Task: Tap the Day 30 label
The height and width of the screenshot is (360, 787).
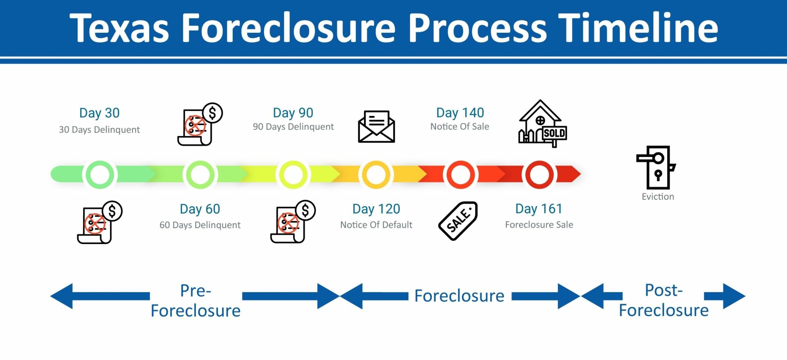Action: (99, 113)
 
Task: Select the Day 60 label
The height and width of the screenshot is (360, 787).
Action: (200, 209)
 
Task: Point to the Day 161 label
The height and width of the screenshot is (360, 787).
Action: (539, 209)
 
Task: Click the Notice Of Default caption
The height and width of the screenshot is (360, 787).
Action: (376, 225)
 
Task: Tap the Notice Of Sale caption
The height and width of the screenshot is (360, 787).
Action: (459, 127)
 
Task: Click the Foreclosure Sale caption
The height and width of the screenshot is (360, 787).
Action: (539, 225)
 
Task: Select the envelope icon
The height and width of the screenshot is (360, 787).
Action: (376, 127)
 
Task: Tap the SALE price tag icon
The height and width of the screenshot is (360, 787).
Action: (458, 221)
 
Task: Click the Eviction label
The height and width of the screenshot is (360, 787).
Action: (658, 197)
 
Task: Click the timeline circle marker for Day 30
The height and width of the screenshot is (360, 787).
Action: (100, 175)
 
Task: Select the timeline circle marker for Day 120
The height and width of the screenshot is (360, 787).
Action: (376, 175)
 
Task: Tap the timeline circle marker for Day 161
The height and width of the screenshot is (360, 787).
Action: (539, 175)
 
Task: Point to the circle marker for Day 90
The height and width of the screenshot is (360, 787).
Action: (293, 175)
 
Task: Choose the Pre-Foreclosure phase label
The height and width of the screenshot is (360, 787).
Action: (196, 301)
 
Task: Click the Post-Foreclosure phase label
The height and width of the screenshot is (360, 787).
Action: (664, 300)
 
